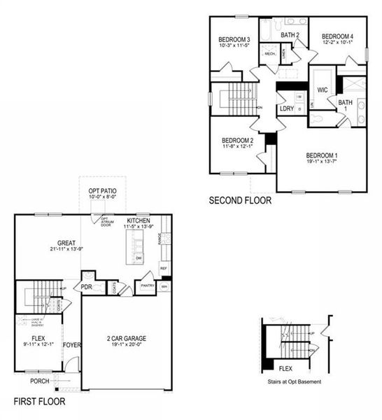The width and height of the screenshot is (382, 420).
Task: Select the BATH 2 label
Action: [290, 34]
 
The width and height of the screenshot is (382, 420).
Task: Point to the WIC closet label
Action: [323, 90]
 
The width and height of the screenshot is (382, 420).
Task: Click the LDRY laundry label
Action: [286, 108]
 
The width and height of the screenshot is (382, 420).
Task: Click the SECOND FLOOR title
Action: [239, 201]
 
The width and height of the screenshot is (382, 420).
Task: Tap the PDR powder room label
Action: [87, 286]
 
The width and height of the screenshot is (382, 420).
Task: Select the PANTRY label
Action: [146, 286]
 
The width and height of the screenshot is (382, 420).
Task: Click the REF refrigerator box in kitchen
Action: [163, 267]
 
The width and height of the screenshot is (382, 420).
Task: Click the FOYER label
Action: [73, 345]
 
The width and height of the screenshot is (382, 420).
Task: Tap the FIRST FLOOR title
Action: [40, 402]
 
